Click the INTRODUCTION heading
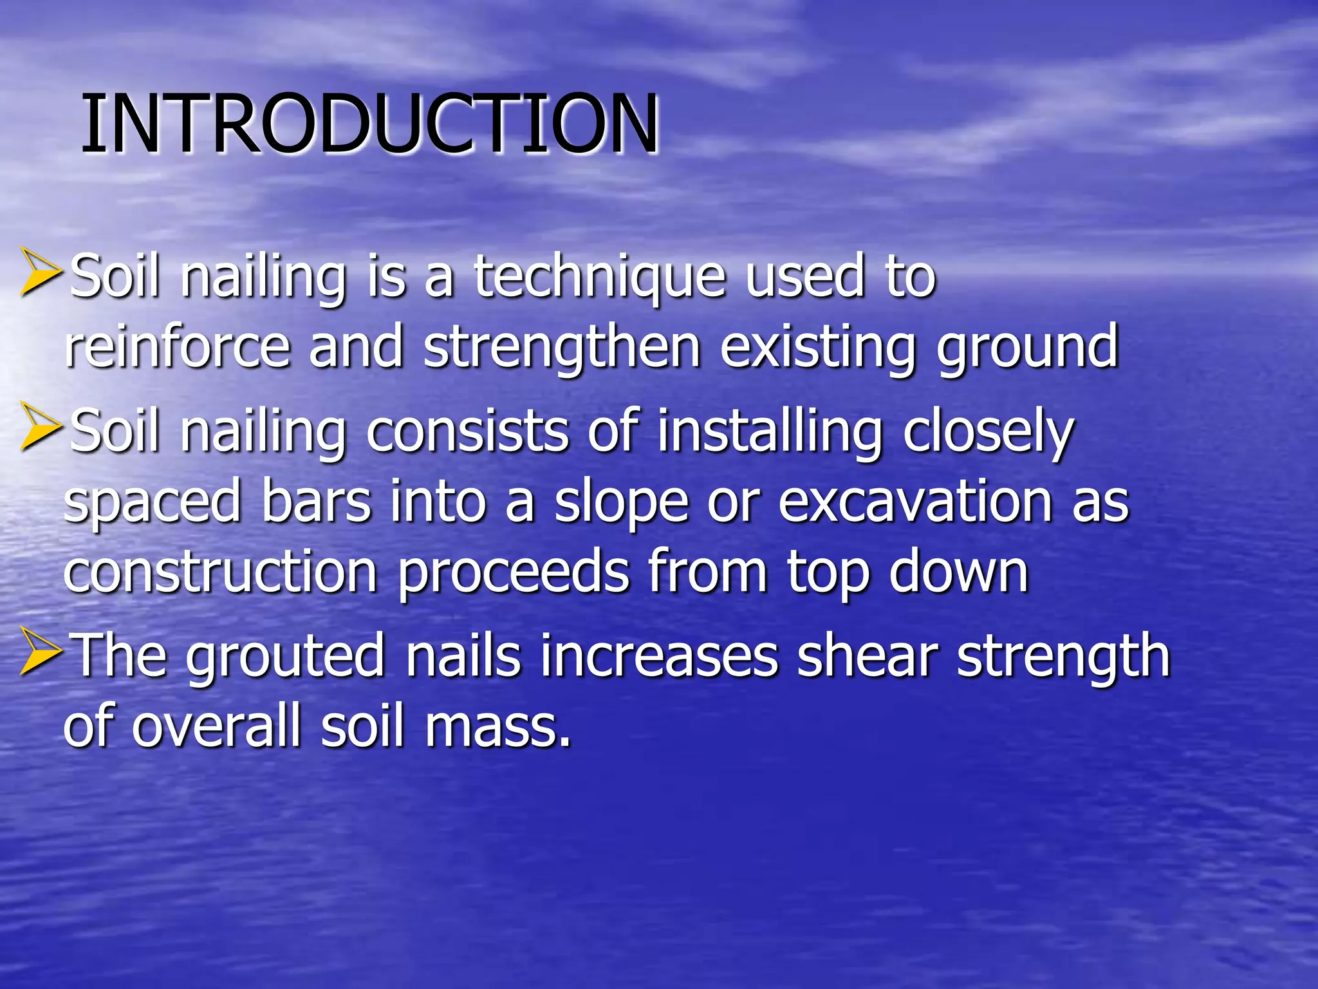tap(370, 124)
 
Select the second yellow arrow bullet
tap(40, 426)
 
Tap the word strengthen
tap(562, 350)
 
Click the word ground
tap(1028, 350)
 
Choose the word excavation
tap(914, 503)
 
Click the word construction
tap(220, 572)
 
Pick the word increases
tap(659, 657)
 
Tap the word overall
tap(217, 726)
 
